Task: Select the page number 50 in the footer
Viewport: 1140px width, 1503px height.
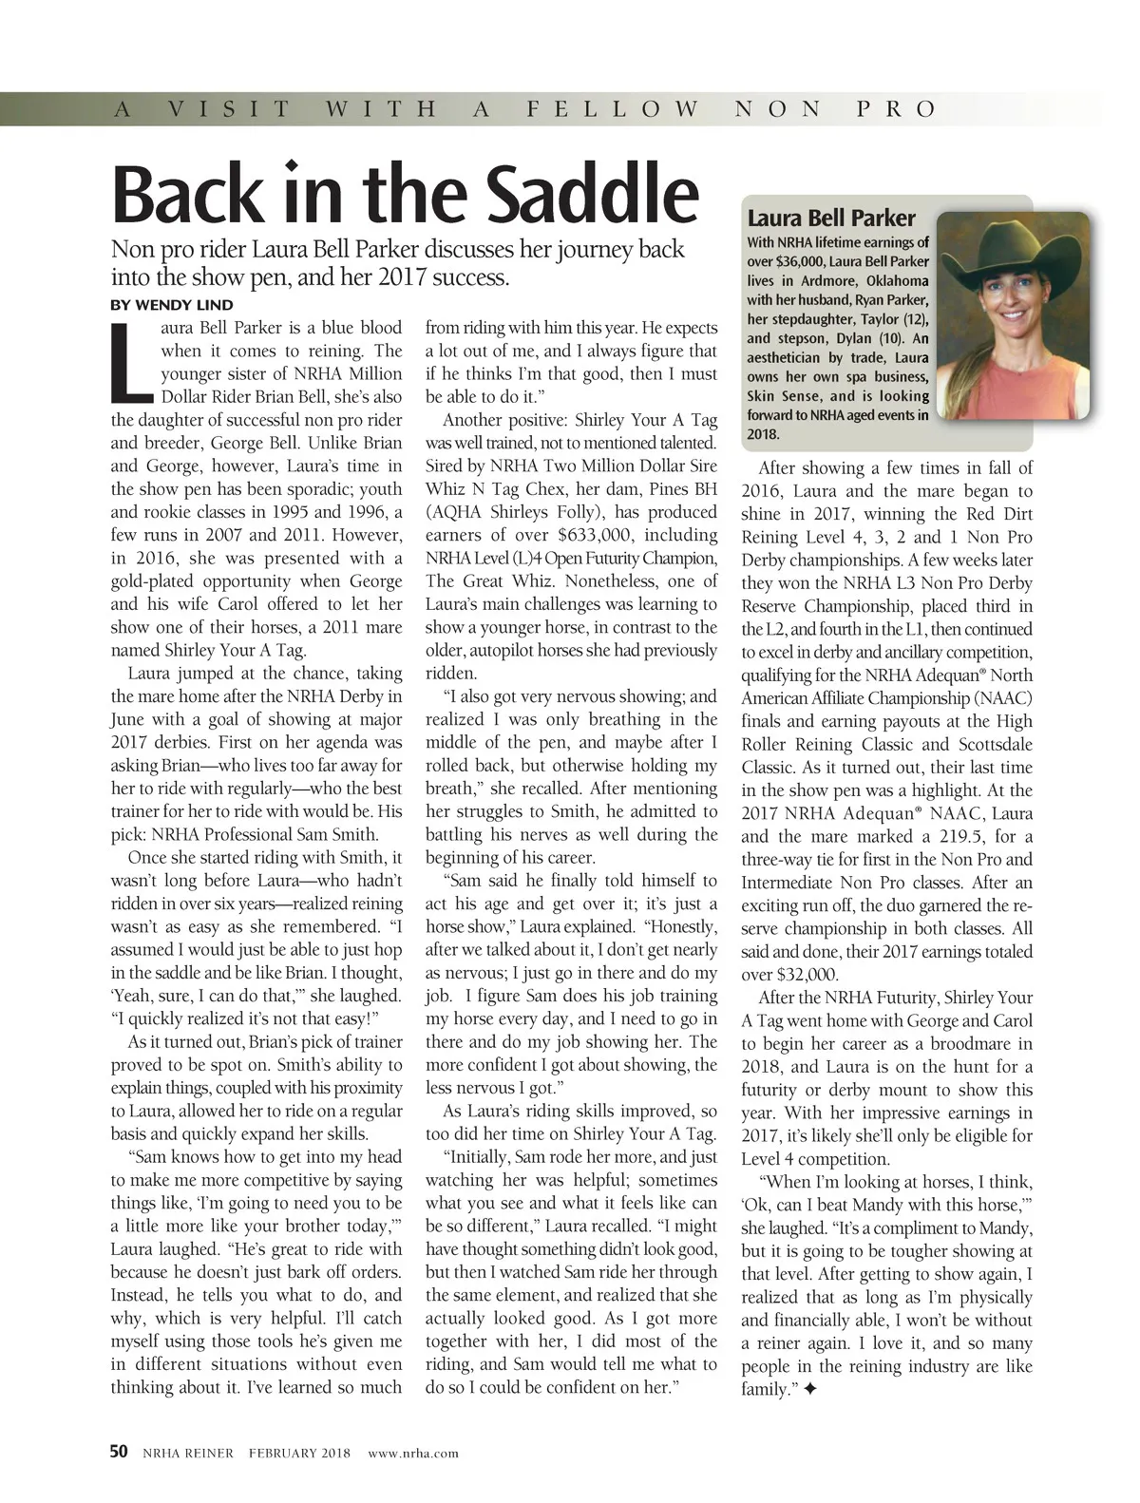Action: pyautogui.click(x=119, y=1452)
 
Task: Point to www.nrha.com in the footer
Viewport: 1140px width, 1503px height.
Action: pyautogui.click(x=412, y=1453)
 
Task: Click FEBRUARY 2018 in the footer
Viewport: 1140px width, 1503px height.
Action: pyautogui.click(x=299, y=1453)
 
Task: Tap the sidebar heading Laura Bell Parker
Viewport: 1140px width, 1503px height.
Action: pyautogui.click(x=831, y=218)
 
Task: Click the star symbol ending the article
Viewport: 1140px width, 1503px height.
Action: pyautogui.click(x=809, y=1390)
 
